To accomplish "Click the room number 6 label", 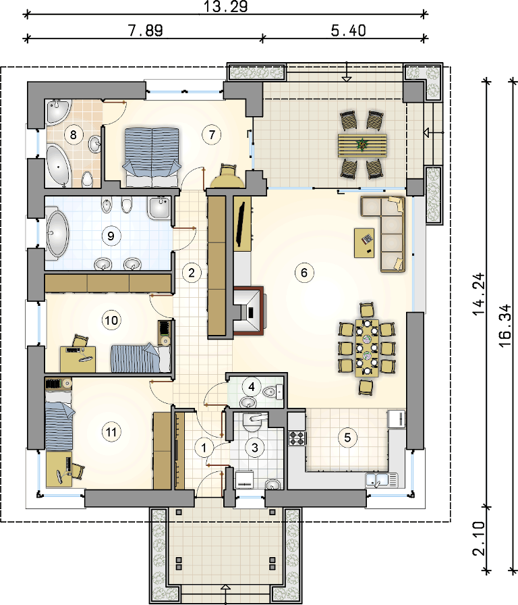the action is pyautogui.click(x=304, y=273).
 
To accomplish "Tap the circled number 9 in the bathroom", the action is pyautogui.click(x=111, y=236).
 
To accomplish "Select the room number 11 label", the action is pyautogui.click(x=111, y=431).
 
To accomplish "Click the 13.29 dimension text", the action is pyautogui.click(x=225, y=7).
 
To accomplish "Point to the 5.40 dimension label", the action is pyautogui.click(x=349, y=30).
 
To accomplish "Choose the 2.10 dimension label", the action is pyautogui.click(x=478, y=539).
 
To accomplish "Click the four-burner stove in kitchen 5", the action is pyautogui.click(x=297, y=438).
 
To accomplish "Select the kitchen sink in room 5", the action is pyautogui.click(x=381, y=480).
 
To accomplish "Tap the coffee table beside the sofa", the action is pyautogui.click(x=364, y=242).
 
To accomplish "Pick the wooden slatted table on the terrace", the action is pyautogui.click(x=362, y=145).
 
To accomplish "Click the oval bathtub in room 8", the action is pyautogui.click(x=58, y=167).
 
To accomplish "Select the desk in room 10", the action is pyautogui.click(x=78, y=359).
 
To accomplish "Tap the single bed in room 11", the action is pyautogui.click(x=59, y=421).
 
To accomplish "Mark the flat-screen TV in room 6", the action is pyautogui.click(x=241, y=223).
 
